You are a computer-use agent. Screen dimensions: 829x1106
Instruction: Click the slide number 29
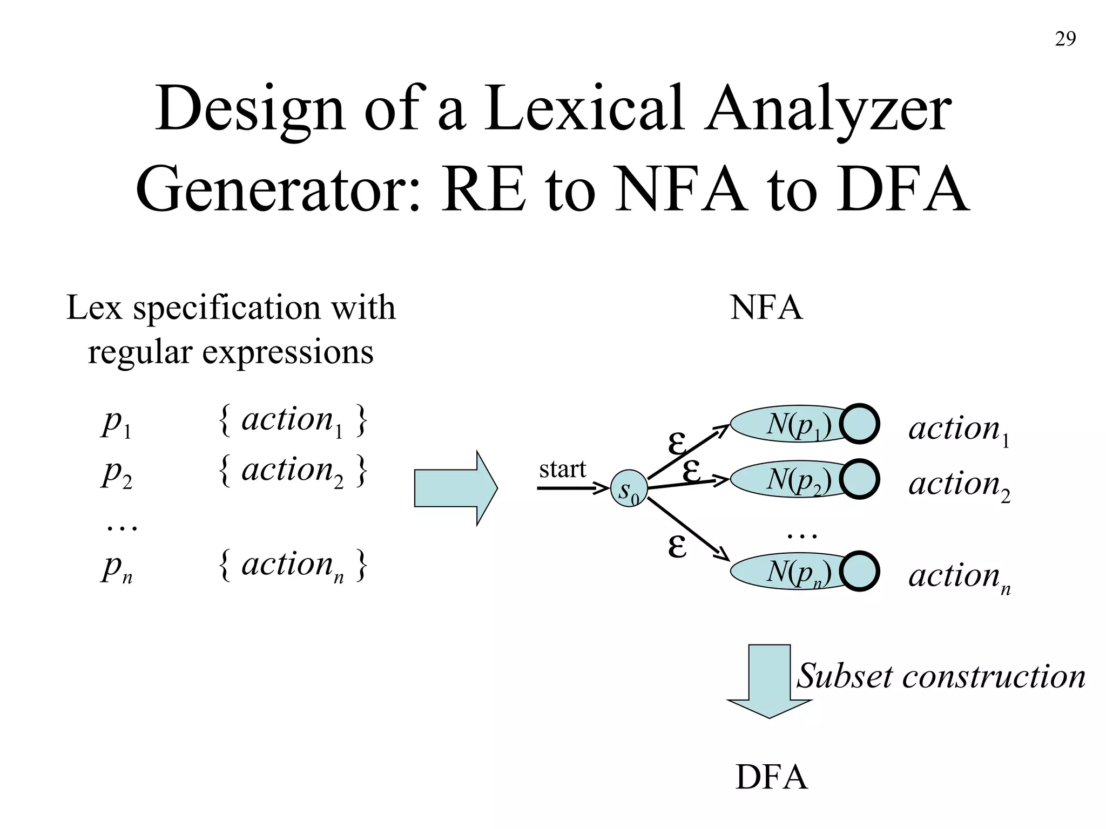click(1065, 39)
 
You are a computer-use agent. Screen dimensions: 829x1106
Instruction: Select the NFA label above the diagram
click(766, 308)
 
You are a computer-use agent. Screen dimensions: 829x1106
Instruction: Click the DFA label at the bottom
click(771, 778)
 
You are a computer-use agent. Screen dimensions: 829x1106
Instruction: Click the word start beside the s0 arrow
click(562, 469)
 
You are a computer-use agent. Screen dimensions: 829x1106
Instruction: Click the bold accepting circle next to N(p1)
click(859, 424)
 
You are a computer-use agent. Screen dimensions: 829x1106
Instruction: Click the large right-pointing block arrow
click(455, 488)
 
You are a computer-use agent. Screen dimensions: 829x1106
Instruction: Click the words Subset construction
click(941, 676)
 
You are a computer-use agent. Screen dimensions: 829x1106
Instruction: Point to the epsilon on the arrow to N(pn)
click(677, 546)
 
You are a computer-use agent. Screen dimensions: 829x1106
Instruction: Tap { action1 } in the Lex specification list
click(293, 421)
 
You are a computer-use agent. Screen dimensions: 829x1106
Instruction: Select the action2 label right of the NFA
click(959, 484)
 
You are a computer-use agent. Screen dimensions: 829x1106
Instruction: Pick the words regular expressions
click(231, 352)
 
